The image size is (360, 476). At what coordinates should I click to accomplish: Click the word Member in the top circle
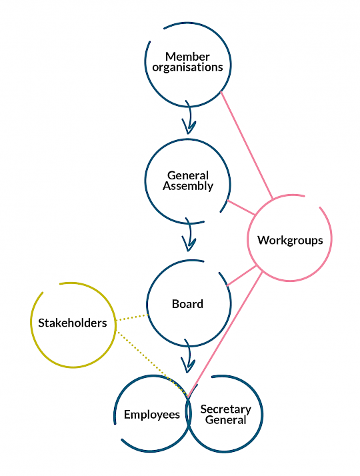187,57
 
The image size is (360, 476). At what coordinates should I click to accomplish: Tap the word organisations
187,67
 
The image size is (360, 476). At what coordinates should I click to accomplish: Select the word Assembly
188,186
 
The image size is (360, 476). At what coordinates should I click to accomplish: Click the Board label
187,304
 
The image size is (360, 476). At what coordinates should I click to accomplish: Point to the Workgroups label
290,241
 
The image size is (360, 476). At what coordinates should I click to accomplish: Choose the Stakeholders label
73,323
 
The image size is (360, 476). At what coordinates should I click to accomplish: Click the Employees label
152,415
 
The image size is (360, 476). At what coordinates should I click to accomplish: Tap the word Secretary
225,409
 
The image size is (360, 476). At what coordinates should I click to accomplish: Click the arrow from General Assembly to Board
189,235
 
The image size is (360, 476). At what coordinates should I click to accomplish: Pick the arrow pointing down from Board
189,356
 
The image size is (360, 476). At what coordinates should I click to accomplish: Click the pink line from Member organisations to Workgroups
247,145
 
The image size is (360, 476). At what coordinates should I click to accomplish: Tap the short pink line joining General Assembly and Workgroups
241,207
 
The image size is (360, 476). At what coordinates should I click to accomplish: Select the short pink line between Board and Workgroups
241,276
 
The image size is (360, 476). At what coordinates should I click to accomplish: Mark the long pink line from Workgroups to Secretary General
225,335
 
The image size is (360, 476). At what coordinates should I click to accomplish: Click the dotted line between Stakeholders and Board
132,317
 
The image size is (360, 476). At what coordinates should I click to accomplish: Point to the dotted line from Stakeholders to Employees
152,364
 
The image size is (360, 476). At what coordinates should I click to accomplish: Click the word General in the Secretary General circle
225,420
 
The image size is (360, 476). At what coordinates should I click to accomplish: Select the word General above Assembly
188,175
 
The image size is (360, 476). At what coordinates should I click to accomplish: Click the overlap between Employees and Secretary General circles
189,415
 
